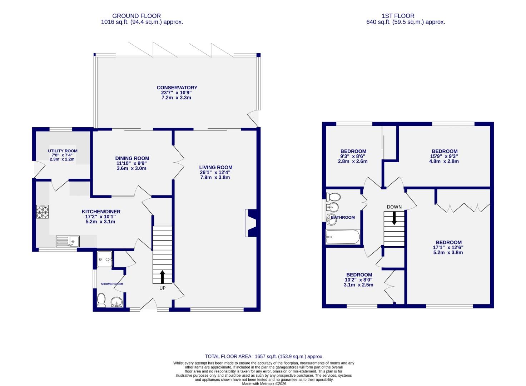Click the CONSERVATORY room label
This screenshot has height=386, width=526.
coord(177,88)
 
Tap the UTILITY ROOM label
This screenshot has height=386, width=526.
coord(63,151)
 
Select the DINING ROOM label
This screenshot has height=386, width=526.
coord(132,158)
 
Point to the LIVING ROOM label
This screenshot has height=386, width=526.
coord(215,167)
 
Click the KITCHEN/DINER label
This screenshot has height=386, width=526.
coord(101,212)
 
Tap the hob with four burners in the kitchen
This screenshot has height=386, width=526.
coord(42,211)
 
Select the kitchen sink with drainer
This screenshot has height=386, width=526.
coord(68,242)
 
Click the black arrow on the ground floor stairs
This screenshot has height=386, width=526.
coord(162,276)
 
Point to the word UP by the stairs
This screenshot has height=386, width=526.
coord(162,288)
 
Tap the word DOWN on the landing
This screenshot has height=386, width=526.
coord(394,207)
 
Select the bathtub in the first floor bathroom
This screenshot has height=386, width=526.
coord(343,237)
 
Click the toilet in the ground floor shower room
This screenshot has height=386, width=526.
coord(101,300)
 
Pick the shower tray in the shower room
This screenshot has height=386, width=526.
coord(105,259)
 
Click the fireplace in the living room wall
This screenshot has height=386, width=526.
coord(251,223)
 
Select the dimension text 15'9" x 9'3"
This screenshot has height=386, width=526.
coord(444,156)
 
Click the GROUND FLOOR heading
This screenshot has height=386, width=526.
coord(137,16)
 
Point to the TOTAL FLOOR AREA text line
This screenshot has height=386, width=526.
coord(264,356)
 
